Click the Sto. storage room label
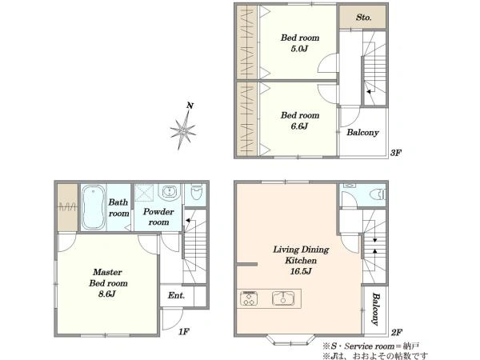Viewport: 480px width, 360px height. click(364, 18)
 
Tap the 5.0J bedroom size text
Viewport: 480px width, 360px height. click(299, 49)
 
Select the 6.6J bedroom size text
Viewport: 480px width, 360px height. click(299, 126)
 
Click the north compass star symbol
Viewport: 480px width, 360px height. click(183, 131)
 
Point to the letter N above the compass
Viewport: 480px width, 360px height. click(190, 106)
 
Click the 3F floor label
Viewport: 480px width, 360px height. click(395, 153)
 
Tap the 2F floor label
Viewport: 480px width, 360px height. click(397, 332)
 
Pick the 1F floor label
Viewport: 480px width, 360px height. click(184, 331)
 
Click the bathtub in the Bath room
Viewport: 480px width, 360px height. click(94, 207)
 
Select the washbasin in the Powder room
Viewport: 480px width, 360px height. click(169, 192)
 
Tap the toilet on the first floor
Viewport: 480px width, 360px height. click(197, 192)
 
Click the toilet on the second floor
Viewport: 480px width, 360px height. click(377, 194)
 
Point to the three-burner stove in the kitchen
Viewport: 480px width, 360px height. click(249, 298)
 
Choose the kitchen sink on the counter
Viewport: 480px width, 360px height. click(283, 298)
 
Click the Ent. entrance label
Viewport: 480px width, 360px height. click(176, 296)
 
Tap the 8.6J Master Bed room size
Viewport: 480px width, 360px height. click(107, 294)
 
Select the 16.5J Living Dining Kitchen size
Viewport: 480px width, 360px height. click(301, 271)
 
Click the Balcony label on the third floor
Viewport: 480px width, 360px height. click(362, 133)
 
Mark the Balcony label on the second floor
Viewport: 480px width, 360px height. click(376, 309)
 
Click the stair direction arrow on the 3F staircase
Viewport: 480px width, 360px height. click(370, 91)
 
